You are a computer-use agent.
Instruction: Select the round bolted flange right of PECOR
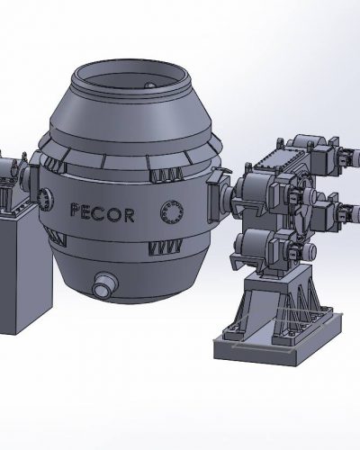(169, 212)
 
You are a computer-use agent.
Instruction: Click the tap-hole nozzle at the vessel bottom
(104, 287)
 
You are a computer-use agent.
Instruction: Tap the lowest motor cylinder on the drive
(260, 244)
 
